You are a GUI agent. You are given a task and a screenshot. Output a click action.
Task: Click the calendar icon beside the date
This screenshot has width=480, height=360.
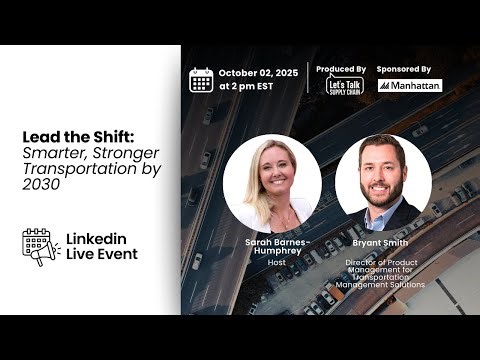201,80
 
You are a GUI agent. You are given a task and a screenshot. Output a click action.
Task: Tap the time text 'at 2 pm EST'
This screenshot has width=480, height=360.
247,88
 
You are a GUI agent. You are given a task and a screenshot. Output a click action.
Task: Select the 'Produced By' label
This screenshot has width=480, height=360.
340,69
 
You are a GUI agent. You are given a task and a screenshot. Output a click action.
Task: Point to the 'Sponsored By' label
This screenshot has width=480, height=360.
406,69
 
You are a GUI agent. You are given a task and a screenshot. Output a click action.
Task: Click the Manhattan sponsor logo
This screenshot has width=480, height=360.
410,86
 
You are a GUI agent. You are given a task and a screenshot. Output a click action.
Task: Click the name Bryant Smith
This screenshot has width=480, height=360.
382,242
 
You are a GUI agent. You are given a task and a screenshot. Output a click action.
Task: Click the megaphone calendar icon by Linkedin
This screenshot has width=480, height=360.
37,246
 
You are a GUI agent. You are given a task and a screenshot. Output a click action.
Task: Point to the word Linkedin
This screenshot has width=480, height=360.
97,238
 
